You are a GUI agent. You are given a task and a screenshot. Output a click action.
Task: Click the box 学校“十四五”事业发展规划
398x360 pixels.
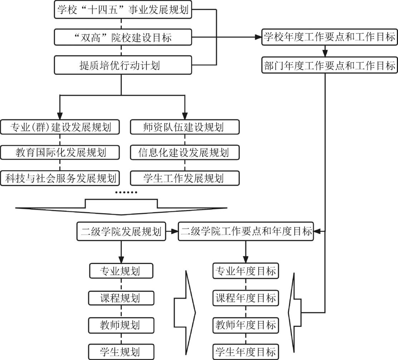coord(123,10)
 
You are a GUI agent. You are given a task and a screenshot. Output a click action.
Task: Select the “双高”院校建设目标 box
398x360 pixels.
coord(123,38)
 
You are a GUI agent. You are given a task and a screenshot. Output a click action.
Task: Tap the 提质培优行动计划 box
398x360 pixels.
coord(123,65)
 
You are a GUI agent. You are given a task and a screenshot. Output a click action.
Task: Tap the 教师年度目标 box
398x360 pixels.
coord(246,325)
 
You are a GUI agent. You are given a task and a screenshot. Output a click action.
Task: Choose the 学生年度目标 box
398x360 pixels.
coord(246,352)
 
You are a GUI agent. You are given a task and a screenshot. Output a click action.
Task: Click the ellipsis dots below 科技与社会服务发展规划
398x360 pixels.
coord(126,193)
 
